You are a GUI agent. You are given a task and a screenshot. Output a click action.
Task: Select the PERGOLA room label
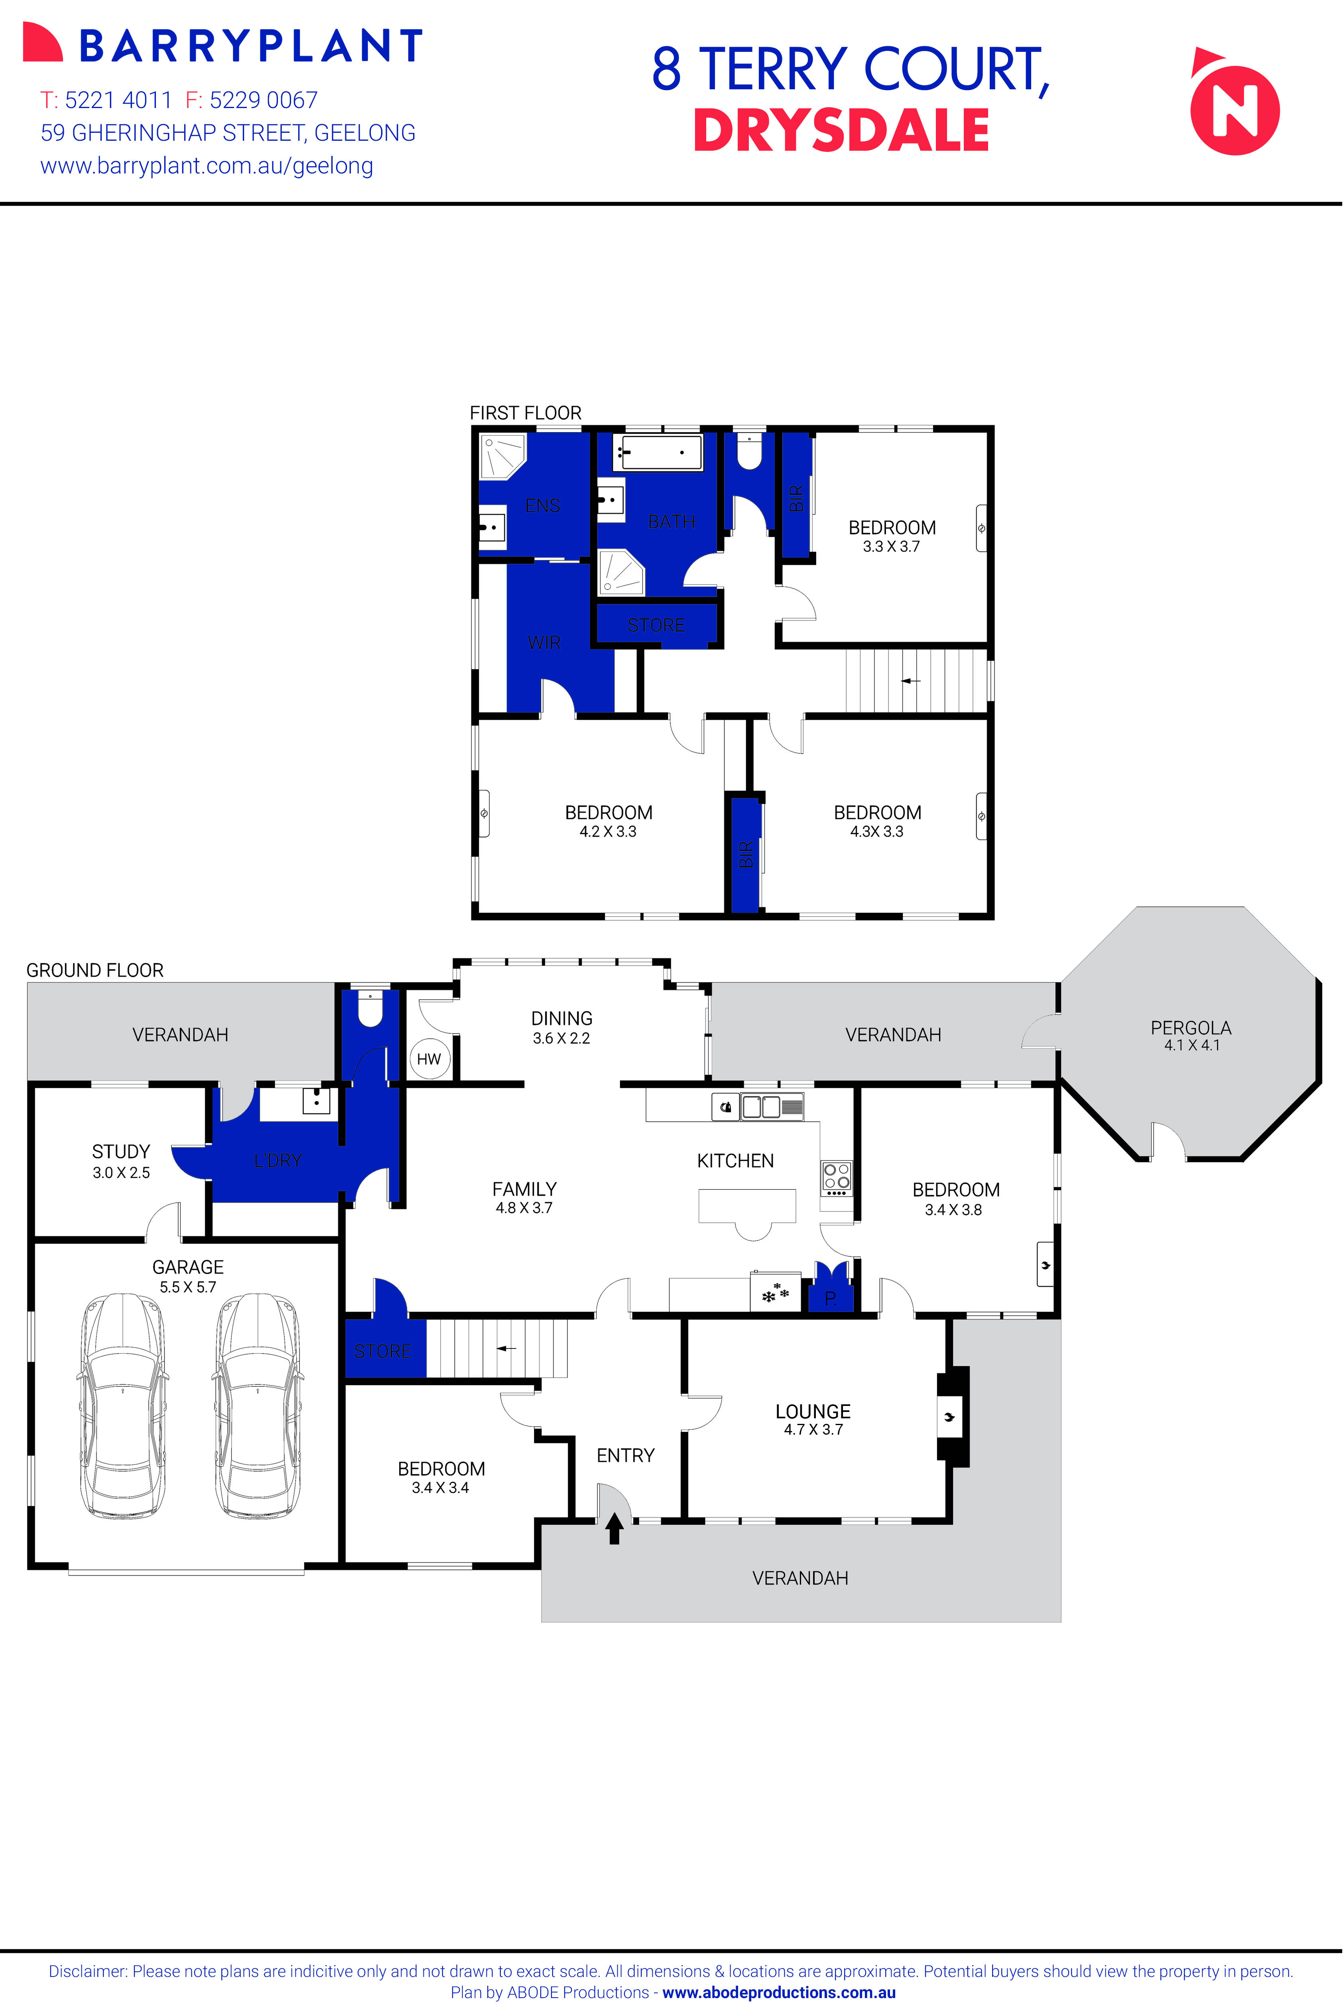coord(1191,1028)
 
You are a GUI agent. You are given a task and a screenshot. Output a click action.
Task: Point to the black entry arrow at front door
coord(614,1529)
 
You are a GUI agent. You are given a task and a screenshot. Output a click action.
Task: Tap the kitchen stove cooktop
coord(836,1177)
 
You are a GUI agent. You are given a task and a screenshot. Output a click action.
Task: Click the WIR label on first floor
coord(544,642)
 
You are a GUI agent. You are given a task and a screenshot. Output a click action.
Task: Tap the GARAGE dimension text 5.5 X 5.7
coord(187,1287)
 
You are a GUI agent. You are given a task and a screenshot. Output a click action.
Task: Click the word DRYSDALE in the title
coord(841,131)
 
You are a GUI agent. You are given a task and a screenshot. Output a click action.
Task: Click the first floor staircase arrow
coord(910,681)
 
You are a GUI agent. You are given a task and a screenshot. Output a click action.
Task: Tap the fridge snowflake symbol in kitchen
coord(775,1293)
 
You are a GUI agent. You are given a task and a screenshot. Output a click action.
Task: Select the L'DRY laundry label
coord(278,1160)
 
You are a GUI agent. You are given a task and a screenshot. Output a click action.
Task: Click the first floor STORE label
coord(656,625)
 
